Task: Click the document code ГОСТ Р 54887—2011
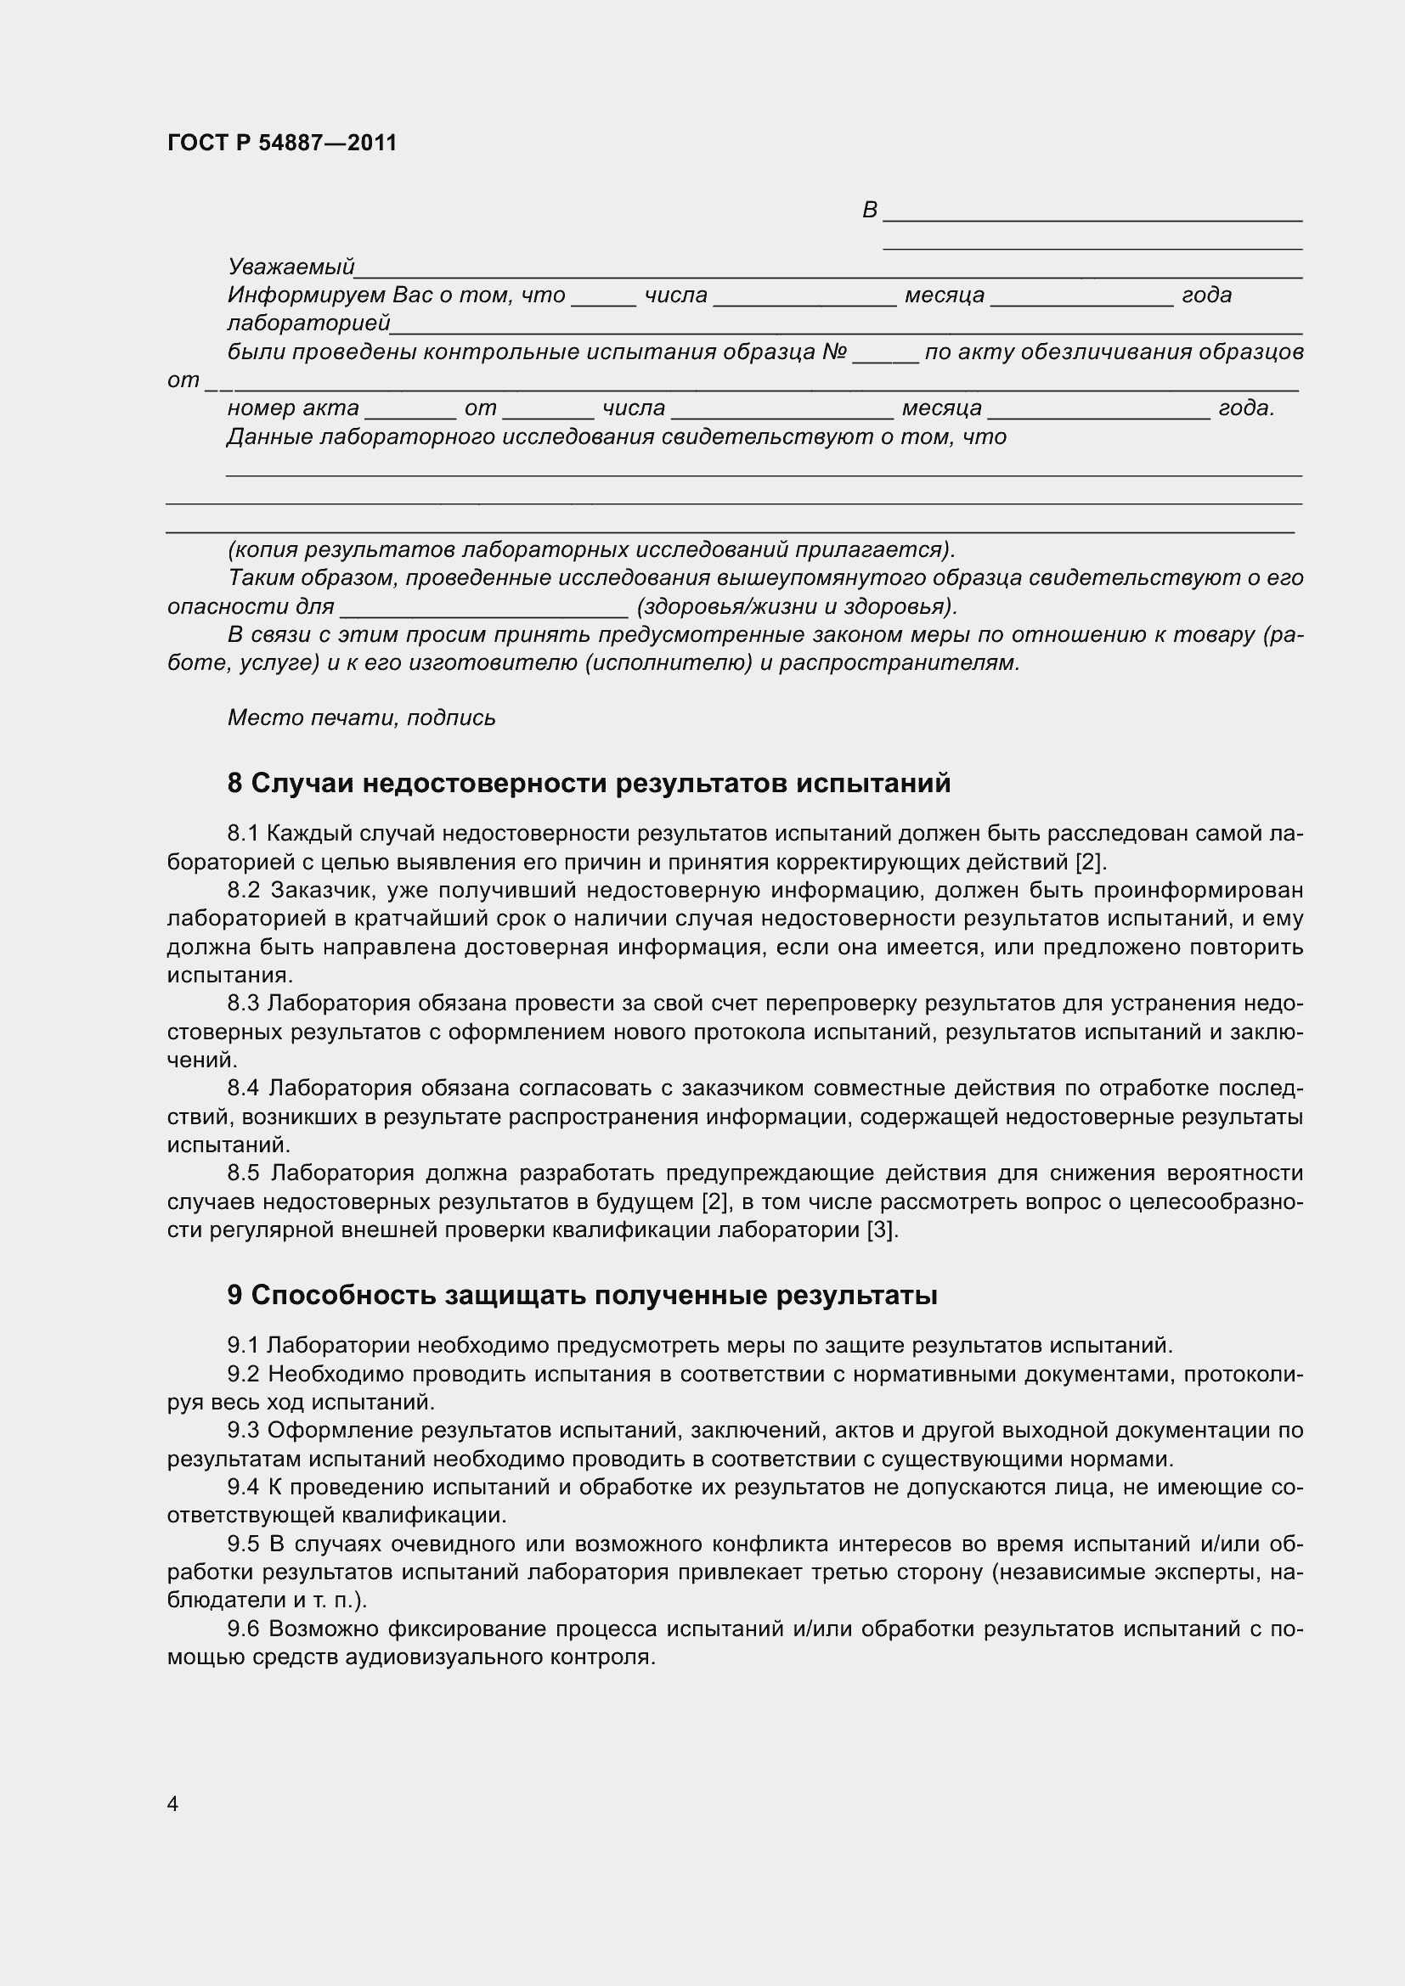(x=281, y=143)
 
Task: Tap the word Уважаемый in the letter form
(x=291, y=267)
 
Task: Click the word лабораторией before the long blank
(x=308, y=323)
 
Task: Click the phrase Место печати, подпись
(x=362, y=718)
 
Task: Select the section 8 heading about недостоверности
(x=589, y=783)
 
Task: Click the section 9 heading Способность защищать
(x=581, y=1296)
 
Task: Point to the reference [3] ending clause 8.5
(x=882, y=1230)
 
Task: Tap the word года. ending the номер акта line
(x=1246, y=408)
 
